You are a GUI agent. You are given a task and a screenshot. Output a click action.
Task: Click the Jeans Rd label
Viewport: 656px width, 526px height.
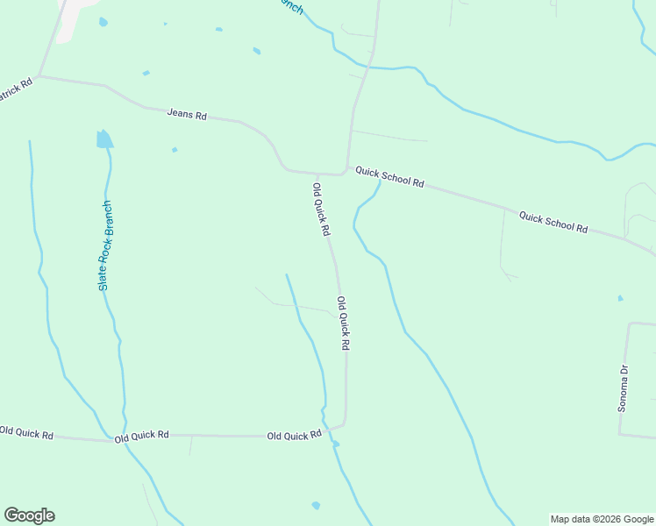pos(187,115)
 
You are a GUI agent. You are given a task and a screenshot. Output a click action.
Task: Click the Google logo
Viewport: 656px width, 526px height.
pos(29,515)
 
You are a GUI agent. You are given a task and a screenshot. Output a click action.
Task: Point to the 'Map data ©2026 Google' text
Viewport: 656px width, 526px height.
pos(602,519)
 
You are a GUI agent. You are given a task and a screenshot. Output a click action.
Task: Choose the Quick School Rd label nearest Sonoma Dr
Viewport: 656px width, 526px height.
pos(553,221)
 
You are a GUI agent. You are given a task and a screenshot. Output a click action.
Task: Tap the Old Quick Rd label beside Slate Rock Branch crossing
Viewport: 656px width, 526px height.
pos(141,435)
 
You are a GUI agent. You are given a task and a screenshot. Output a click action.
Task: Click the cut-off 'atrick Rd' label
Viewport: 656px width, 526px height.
pos(15,90)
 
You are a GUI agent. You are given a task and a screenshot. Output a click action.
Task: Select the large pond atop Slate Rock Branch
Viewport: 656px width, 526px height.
pos(104,139)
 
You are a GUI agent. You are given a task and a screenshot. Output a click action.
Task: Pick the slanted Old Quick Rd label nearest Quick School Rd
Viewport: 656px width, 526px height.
pos(321,209)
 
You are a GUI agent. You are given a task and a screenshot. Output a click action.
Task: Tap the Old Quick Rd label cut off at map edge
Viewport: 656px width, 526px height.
pos(26,432)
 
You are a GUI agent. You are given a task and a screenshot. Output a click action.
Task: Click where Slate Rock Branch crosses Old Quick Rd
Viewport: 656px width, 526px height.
pos(123,439)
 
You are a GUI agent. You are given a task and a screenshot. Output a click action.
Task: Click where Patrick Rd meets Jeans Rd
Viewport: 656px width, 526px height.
pos(39,77)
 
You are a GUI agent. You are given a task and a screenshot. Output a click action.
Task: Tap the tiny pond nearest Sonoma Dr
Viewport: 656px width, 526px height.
pos(620,298)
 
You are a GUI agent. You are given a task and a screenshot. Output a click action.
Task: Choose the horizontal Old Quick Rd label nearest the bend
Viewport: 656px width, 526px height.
pos(294,436)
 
